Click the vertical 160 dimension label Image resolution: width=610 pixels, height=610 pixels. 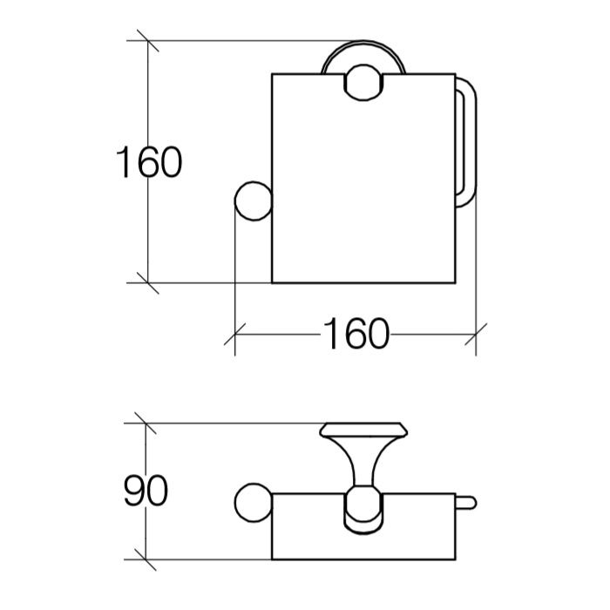[149, 162]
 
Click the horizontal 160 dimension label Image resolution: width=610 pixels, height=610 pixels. [356, 334]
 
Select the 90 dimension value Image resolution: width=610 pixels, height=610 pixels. [146, 491]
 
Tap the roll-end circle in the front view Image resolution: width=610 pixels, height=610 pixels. [254, 201]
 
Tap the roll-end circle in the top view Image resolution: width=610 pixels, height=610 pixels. [254, 503]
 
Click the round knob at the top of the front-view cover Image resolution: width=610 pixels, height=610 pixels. [363, 83]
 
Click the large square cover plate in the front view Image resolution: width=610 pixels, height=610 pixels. [363, 178]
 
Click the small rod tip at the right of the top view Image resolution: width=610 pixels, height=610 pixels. [466, 503]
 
